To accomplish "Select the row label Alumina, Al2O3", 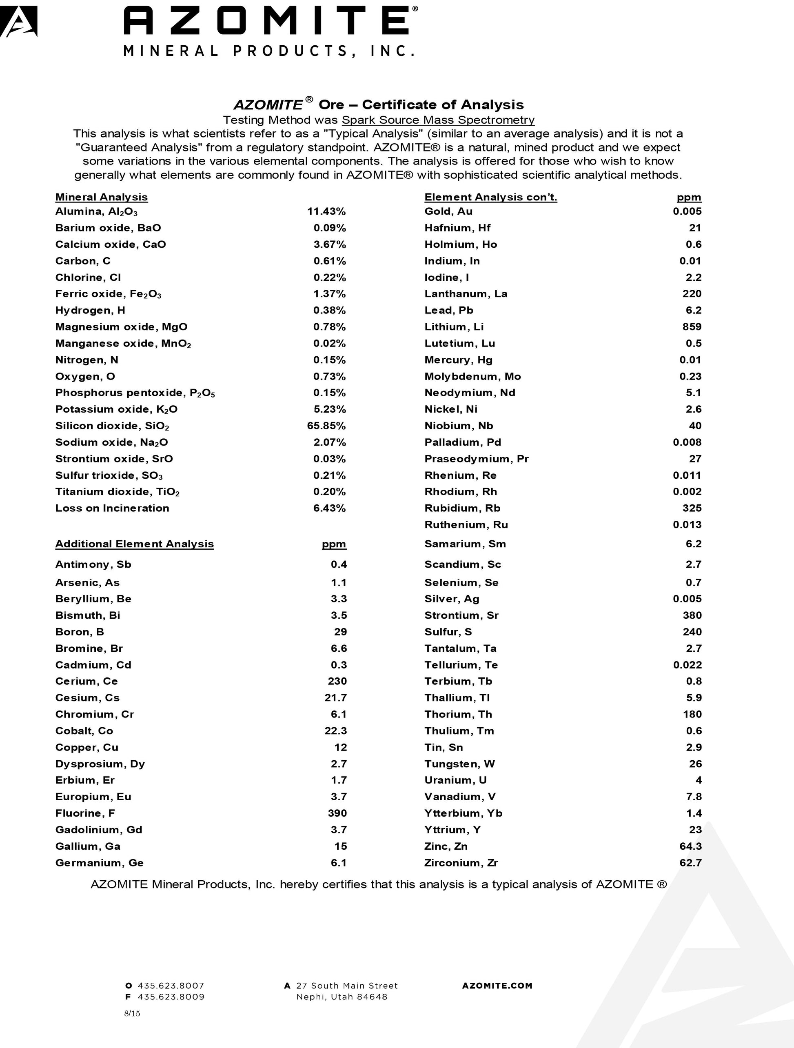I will [x=96, y=211].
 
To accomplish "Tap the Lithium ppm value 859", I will [x=692, y=326].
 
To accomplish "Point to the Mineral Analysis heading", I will [x=101, y=197].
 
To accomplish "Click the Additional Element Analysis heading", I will [x=135, y=544].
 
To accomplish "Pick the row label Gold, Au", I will [x=448, y=211].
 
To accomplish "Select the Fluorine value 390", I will [x=337, y=813].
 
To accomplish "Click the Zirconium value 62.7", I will [x=690, y=863].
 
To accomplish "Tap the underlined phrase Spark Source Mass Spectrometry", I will [x=438, y=120].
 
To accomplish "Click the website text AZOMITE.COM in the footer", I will [x=497, y=986].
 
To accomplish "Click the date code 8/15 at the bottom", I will [x=132, y=1013].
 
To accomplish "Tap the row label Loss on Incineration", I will [x=112, y=508].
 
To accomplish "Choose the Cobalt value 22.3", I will [x=335, y=730].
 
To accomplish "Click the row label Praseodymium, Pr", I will [x=476, y=459].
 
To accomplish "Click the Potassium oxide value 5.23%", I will [x=329, y=409].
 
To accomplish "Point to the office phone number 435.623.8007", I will [x=171, y=986].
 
